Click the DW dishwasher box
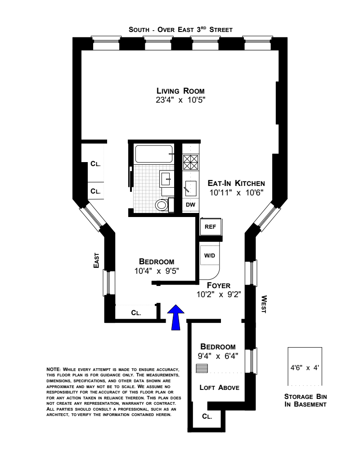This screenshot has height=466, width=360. tap(190, 204)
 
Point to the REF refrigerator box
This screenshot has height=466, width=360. tap(211, 226)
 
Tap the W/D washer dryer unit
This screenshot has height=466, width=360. tap(210, 256)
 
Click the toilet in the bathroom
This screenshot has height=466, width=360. tap(161, 205)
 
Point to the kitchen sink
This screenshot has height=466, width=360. tap(190, 186)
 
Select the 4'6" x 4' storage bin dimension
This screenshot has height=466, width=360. tap(305, 367)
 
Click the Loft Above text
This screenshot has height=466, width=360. tap(219, 387)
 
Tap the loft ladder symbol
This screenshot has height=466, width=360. tap(203, 368)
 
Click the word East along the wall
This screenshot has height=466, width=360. tap(96, 260)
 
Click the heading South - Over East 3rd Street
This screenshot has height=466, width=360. tap(180, 30)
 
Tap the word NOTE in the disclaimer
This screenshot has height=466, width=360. tap(53, 369)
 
